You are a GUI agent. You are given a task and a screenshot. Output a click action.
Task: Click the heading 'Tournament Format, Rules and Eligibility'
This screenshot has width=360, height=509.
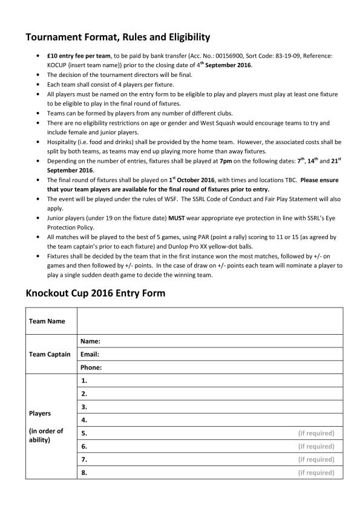[x=117, y=38]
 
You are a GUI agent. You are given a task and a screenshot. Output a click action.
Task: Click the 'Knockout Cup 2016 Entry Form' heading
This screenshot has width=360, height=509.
[x=95, y=294]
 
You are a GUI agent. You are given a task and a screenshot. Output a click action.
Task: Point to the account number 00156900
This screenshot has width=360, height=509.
[x=223, y=55]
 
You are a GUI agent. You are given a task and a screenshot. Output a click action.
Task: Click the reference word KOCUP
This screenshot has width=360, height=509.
[x=59, y=65]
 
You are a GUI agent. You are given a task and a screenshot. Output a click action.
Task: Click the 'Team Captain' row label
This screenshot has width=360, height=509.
[x=50, y=354]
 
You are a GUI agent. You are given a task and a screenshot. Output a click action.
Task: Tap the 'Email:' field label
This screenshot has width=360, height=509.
[x=90, y=354]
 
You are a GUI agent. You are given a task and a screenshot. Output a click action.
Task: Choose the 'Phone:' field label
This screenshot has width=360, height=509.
[x=91, y=367]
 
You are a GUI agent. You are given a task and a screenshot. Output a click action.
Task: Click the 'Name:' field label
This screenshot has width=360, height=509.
[x=90, y=341]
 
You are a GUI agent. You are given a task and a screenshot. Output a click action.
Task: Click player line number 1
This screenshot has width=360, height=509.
[x=84, y=381]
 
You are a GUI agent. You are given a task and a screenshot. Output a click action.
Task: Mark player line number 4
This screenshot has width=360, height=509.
[x=84, y=419]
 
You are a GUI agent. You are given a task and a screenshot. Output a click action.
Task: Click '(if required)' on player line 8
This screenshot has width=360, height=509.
[x=316, y=473]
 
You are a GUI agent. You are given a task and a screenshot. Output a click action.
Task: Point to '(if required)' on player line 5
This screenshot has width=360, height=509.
[x=316, y=433]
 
